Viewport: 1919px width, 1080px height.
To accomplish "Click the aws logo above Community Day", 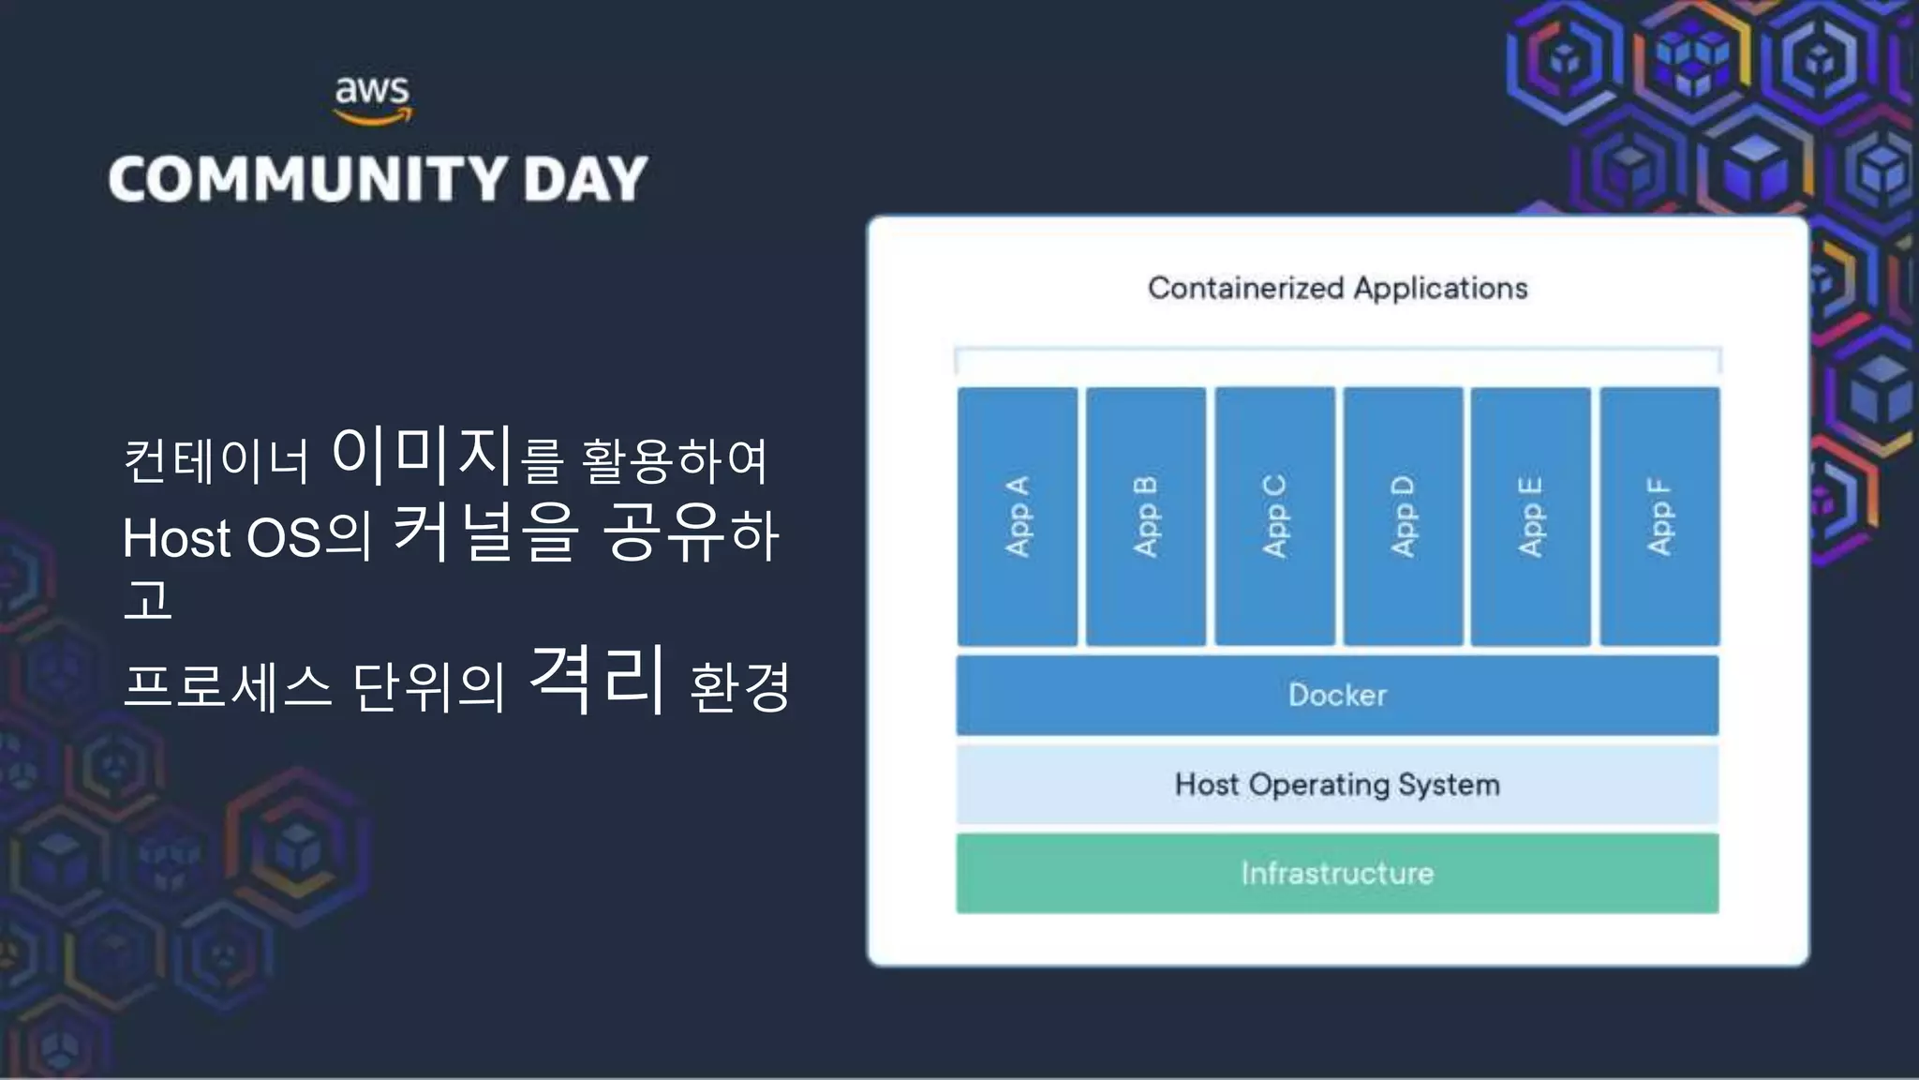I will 373,99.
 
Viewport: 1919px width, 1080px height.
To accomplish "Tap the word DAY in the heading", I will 586,179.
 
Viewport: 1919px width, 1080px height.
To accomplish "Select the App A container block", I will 1018,517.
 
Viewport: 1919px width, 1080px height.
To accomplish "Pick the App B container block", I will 1146,517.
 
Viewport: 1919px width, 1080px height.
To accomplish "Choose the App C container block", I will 1274,517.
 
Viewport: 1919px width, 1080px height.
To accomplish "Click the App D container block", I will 1403,517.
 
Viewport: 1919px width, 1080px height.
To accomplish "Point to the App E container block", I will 1530,517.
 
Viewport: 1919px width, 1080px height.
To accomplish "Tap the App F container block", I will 1659,517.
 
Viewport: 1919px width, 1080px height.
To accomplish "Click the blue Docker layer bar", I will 1337,695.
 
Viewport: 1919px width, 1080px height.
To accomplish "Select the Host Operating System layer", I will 1337,784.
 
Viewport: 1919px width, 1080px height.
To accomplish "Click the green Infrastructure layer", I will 1337,873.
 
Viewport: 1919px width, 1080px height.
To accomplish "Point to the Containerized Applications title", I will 1337,288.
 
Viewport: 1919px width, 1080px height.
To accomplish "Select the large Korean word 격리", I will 598,679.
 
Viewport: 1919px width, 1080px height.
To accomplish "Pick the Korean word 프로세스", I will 228,686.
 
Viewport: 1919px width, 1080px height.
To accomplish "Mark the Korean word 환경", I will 740,686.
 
